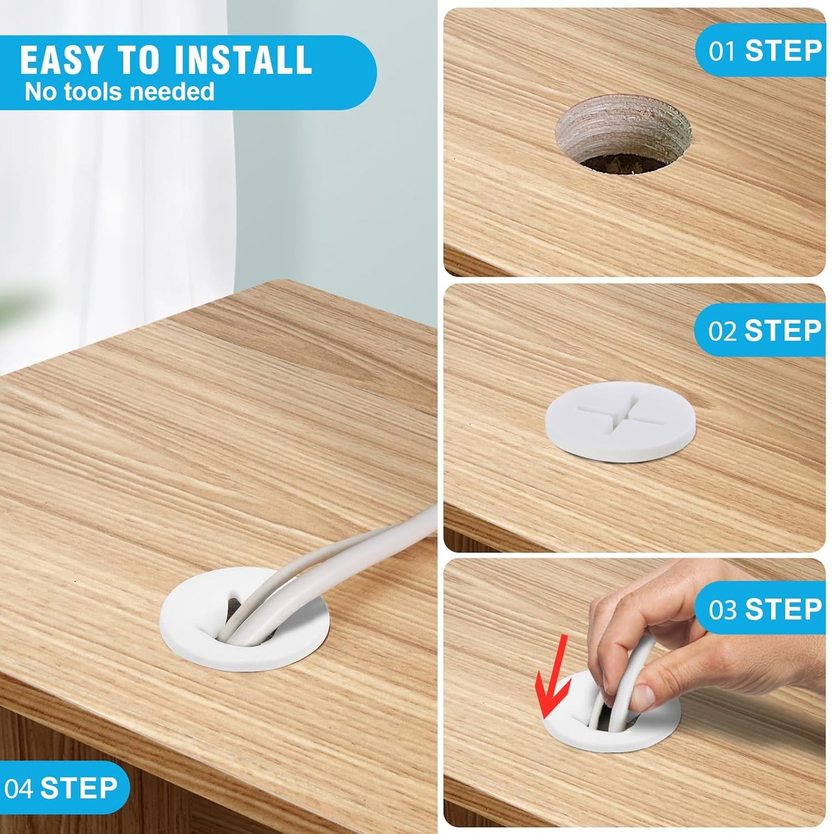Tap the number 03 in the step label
coord(722,609)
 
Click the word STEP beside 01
coord(783,51)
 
